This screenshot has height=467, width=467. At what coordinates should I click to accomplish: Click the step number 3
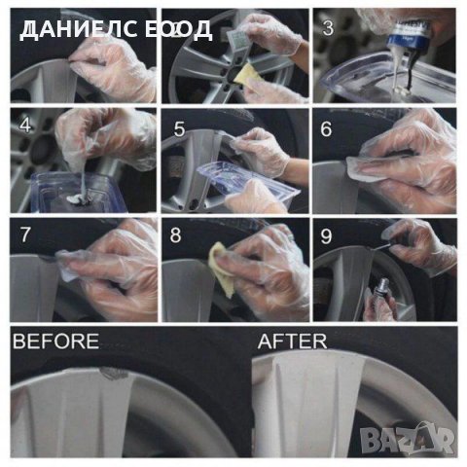pos(328,28)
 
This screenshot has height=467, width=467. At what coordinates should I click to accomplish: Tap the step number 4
pos(25,126)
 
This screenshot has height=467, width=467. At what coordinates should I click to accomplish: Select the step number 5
pos(179,128)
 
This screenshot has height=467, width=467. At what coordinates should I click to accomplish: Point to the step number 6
pos(326,128)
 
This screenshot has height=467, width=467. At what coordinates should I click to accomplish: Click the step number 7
pos(25,234)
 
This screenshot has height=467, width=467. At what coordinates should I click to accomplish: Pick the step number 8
pos(175,235)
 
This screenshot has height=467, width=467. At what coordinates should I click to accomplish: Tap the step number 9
pos(326,236)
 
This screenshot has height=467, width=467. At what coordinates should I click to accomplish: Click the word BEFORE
pos(55,341)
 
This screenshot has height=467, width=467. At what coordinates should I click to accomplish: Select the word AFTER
pos(292,341)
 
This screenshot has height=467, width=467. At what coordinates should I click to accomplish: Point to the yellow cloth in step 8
pos(221,269)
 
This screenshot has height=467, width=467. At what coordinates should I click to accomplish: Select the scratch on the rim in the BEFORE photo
pos(114,374)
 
